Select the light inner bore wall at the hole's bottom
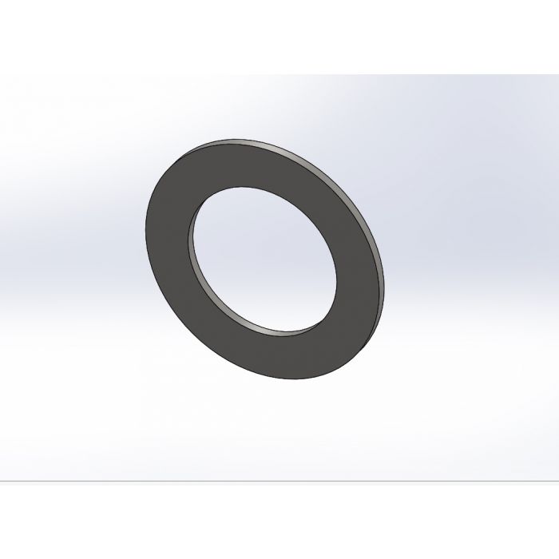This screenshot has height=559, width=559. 279,330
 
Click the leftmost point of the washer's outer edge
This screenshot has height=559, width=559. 145,232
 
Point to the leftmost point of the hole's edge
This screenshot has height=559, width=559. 188,240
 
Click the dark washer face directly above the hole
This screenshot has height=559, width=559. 240,163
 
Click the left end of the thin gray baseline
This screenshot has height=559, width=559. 2,482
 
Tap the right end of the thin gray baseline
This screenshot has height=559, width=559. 557,482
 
